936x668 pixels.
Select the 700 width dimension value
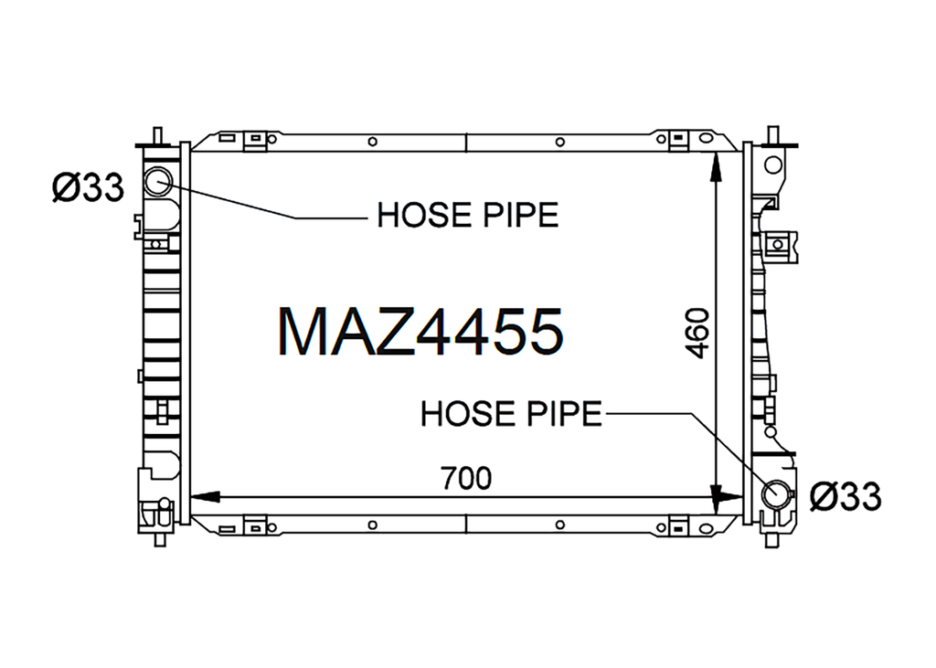pos(466,478)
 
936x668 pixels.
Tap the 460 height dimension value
pos(697,334)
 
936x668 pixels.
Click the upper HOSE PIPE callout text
pos(467,216)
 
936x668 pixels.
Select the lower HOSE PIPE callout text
pos(511,413)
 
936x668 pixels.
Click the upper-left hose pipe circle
pos(159,179)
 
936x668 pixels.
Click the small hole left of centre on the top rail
pos(373,142)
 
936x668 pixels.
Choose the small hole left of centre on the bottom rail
pos(373,525)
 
